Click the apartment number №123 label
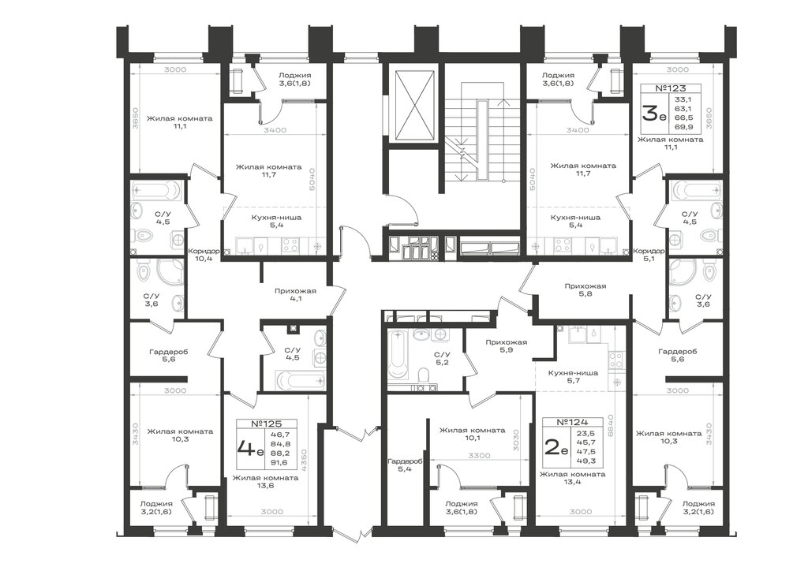coord(671,88)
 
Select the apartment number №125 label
coord(267,424)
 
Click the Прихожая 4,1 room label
coord(295,295)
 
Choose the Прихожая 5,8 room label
coord(585,290)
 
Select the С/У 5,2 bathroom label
coord(442,359)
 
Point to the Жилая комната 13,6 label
coord(265,481)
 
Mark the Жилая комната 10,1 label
coord(472,434)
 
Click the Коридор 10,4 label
coord(204,255)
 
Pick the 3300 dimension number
coord(479,455)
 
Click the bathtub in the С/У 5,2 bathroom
coord(398,355)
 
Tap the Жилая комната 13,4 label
coord(573,478)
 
